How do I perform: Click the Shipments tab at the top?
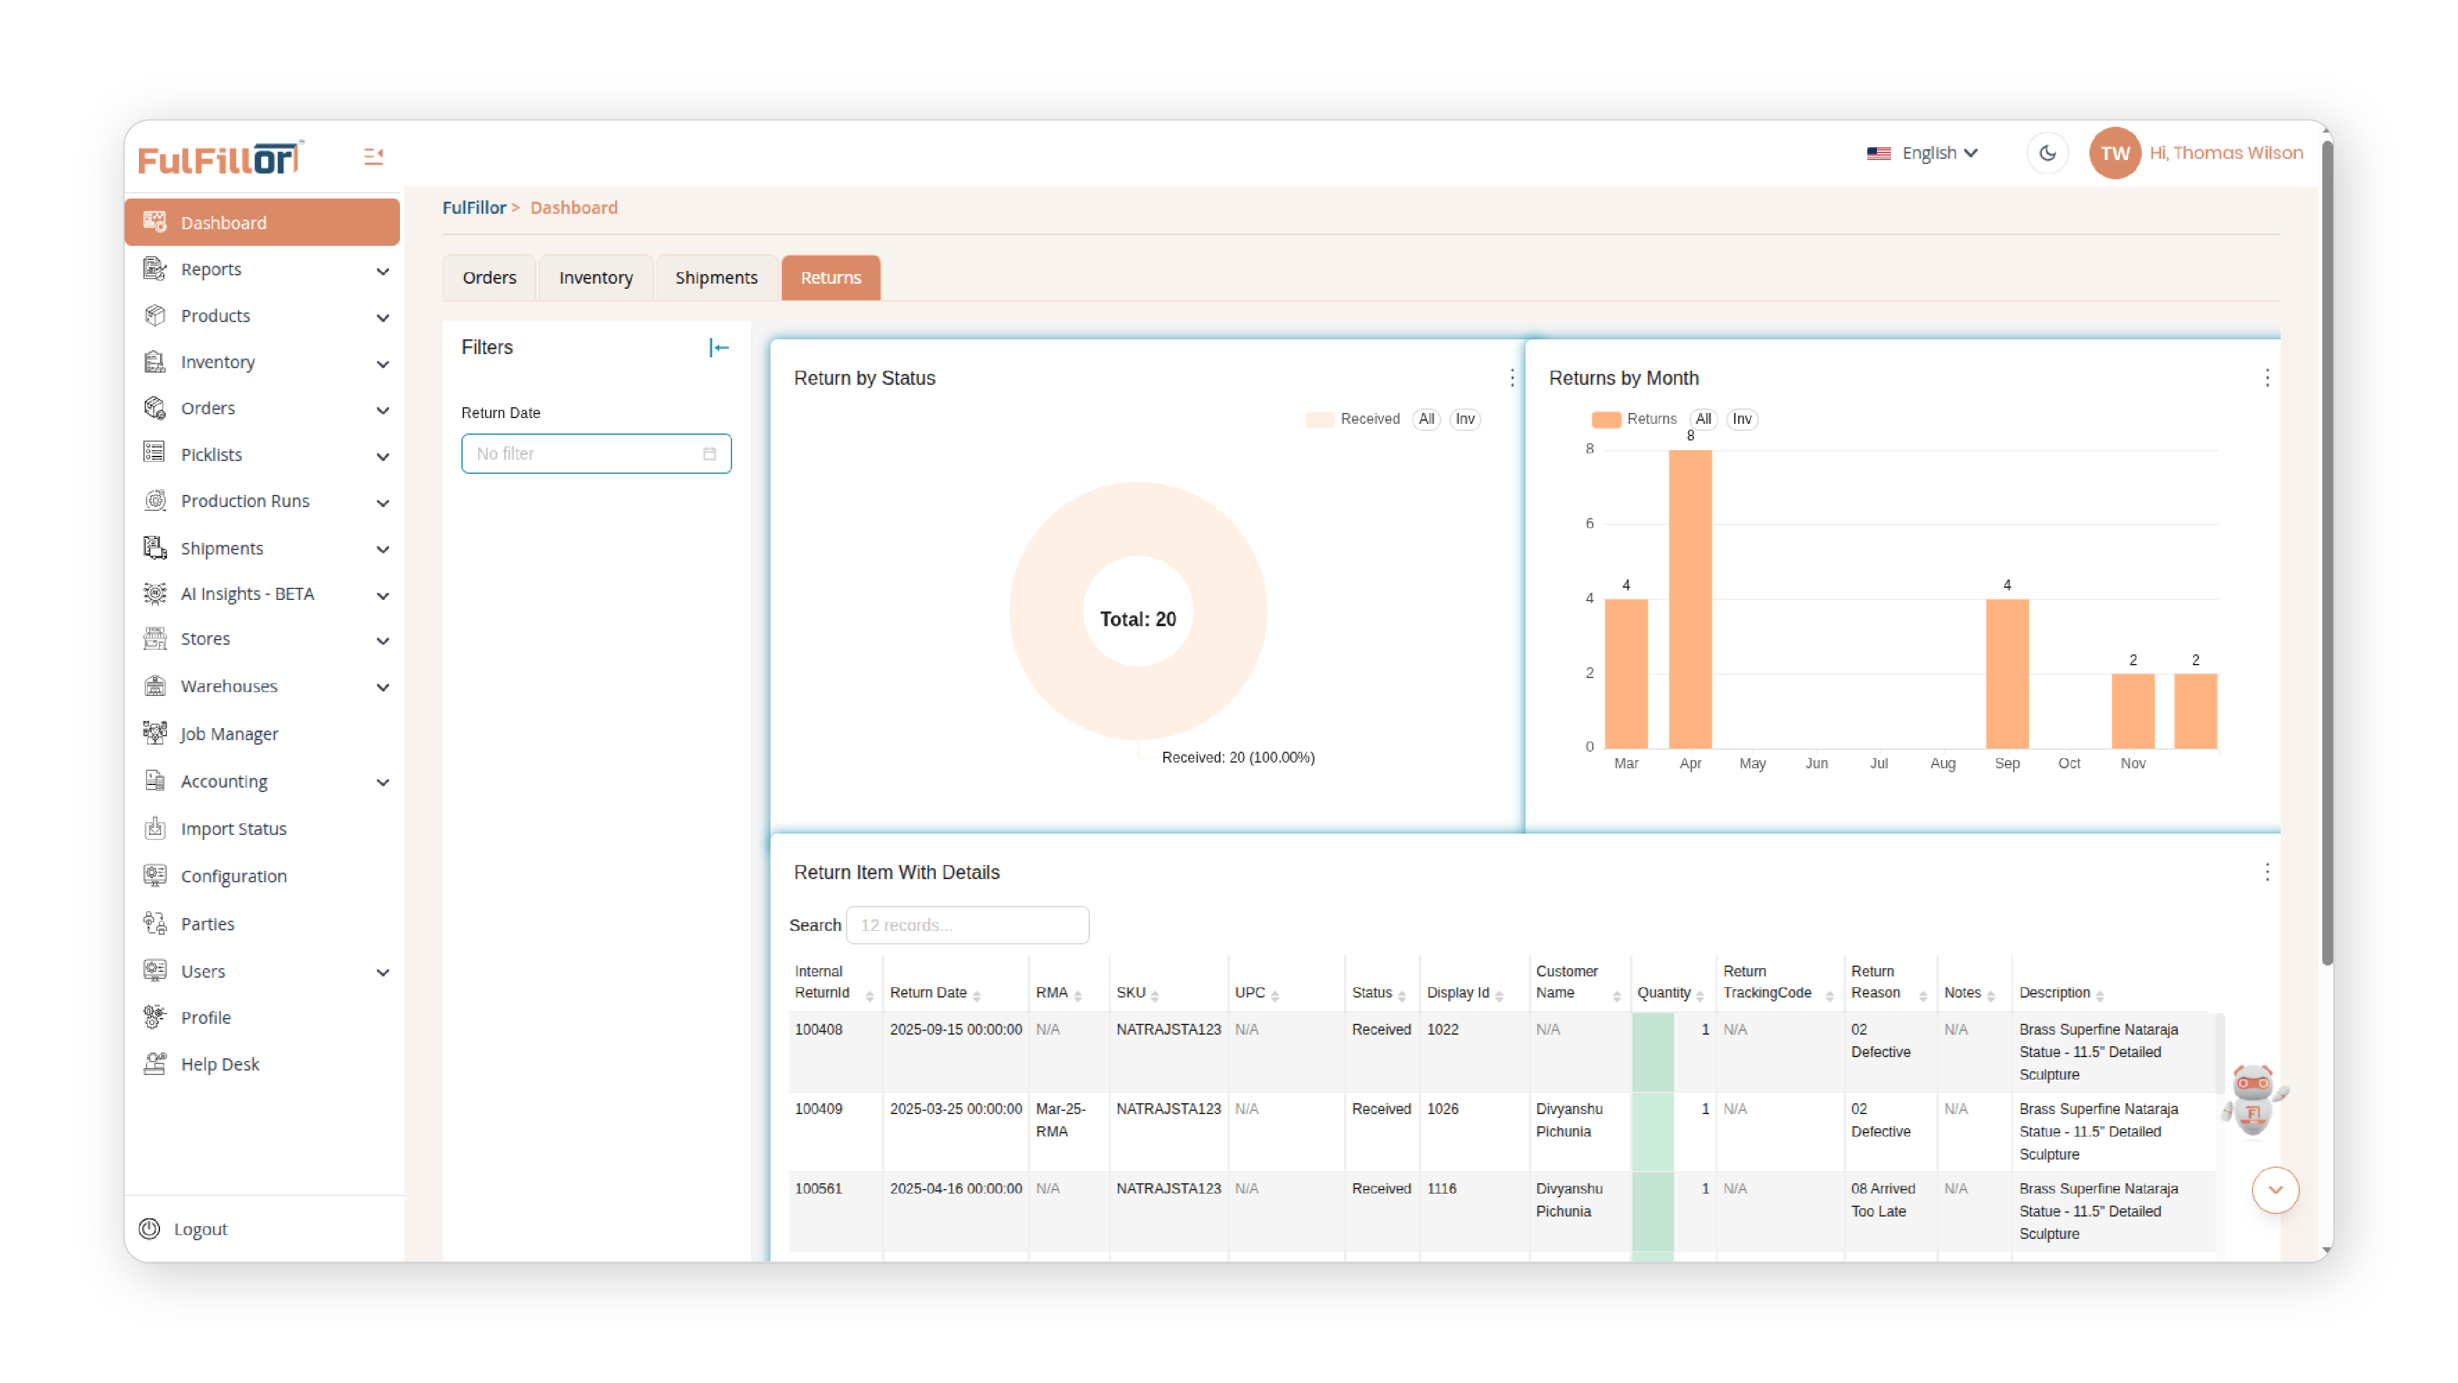tap(715, 278)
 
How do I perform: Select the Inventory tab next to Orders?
tap(595, 278)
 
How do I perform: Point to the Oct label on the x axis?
tap(2069, 764)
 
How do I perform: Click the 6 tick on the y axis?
tap(1589, 523)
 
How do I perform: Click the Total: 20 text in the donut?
tap(1137, 619)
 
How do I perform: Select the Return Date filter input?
tap(595, 453)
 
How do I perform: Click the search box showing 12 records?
tap(966, 925)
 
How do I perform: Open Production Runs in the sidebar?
tap(245, 501)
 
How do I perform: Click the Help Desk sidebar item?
tap(219, 1064)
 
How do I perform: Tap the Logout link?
tap(200, 1229)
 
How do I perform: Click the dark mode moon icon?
tap(2047, 153)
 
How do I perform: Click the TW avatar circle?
tap(2114, 153)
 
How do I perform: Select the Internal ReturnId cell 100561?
tap(818, 1188)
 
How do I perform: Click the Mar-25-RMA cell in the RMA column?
tap(1060, 1120)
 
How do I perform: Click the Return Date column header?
tap(929, 992)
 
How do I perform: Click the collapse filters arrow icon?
tap(719, 348)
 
